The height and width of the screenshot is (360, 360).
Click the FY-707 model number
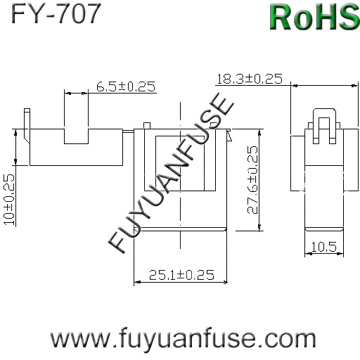(56, 13)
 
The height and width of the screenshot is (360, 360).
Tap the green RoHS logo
(314, 17)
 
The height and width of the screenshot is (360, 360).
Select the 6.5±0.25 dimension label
(126, 86)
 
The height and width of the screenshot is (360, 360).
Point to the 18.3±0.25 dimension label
(250, 79)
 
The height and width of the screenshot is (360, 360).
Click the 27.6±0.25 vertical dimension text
(252, 180)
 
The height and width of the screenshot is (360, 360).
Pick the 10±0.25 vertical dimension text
(9, 200)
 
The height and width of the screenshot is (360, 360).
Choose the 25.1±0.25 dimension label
(181, 275)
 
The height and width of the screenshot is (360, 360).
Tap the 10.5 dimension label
(323, 247)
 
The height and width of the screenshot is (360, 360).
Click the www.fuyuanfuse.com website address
(183, 339)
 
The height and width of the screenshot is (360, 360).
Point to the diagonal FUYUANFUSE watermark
(171, 174)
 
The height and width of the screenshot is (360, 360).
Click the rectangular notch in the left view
(76, 136)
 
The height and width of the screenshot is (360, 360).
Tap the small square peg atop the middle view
(147, 126)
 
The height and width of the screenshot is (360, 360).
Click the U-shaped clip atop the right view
(325, 126)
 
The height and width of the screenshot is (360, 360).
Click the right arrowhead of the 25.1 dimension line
(225, 283)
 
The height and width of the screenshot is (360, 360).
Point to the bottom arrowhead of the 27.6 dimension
(259, 228)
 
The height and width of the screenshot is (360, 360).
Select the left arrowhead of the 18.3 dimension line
(294, 86)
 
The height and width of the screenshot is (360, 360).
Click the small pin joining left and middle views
(129, 131)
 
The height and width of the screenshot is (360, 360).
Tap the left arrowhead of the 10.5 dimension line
(308, 254)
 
